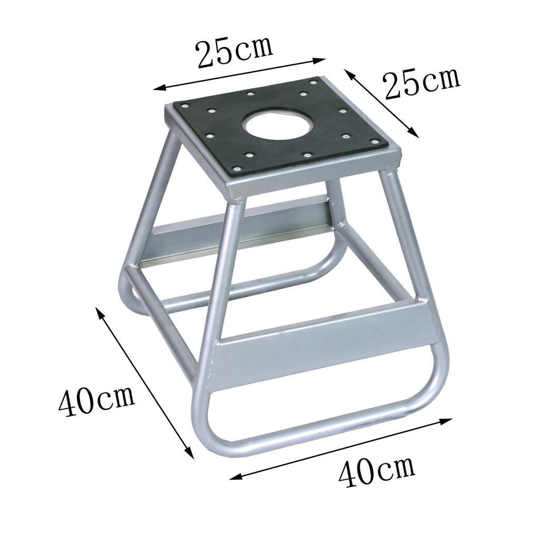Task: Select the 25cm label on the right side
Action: pos(422,84)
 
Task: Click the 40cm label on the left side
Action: pos(97,401)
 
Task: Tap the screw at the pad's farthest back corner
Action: pos(313,82)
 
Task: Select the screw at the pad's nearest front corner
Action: pos(236,168)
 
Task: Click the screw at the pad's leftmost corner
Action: pos(186,105)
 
